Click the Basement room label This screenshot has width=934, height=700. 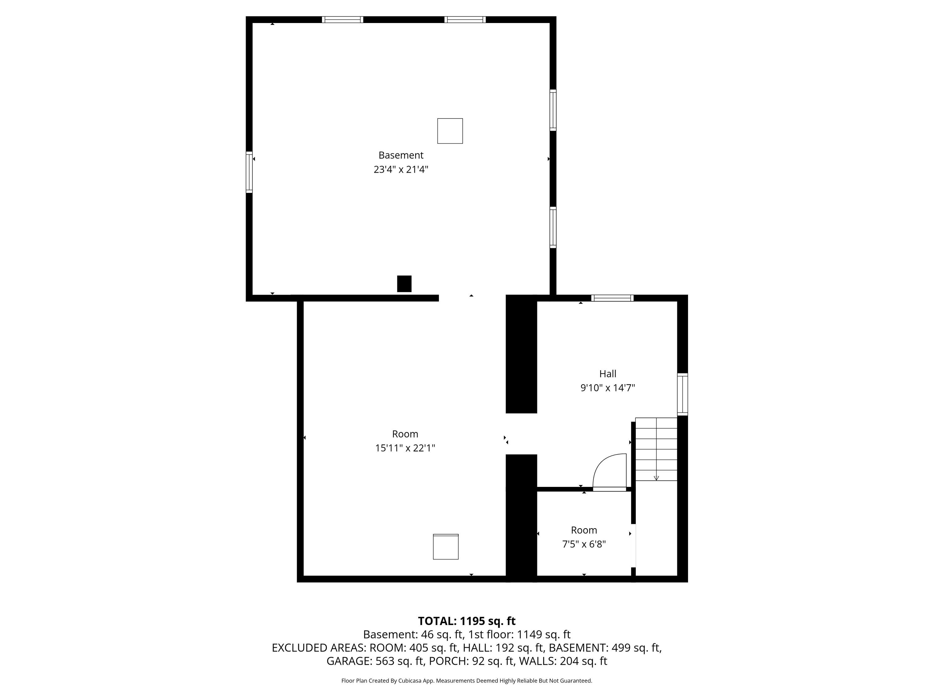pos(401,155)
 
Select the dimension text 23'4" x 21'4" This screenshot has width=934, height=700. pos(401,170)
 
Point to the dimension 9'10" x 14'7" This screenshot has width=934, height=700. pos(608,388)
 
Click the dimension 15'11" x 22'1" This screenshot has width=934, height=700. pos(405,448)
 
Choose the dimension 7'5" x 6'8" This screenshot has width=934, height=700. pos(584,544)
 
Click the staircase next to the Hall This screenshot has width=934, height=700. pos(656,449)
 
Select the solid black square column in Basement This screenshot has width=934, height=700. pos(404,283)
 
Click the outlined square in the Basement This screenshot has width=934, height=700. pos(450,131)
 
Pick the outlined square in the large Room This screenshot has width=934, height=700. pos(446,547)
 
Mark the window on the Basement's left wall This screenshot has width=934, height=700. pos(249,172)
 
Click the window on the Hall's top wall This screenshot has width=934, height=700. pos(612,298)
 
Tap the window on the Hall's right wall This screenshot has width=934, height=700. pos(682,394)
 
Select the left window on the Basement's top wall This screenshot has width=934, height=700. pos(342,19)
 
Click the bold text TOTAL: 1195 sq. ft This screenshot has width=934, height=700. pos(467,621)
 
